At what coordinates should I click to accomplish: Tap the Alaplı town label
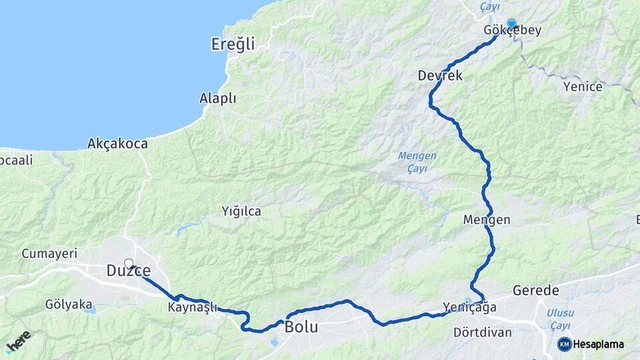218,99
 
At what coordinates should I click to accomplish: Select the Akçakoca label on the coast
117,143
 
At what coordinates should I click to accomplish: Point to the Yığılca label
241,211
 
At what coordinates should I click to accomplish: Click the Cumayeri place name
49,253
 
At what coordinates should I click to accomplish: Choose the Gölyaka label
69,304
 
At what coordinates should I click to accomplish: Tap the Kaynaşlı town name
193,307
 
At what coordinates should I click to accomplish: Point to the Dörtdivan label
482,331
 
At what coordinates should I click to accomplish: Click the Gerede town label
535,290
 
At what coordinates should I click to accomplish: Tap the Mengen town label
486,220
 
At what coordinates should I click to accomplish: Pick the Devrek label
440,75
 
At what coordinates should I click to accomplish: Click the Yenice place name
582,87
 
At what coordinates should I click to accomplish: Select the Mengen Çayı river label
417,161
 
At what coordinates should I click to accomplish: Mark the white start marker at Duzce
129,264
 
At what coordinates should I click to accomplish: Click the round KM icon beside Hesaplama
565,344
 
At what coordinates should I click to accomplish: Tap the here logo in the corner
18,341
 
